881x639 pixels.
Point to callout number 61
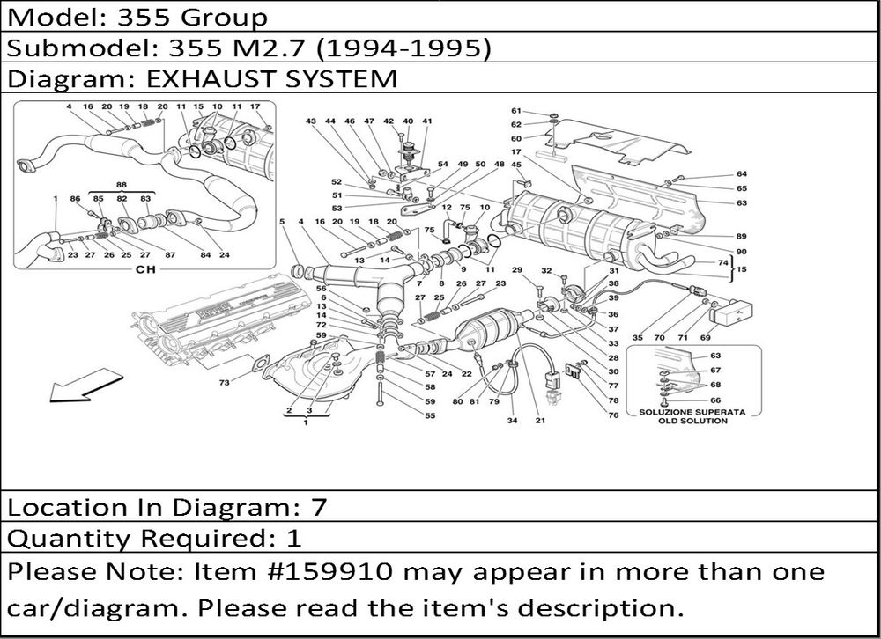[516, 111]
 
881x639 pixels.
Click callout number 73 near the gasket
[225, 383]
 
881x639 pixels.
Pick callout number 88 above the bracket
[121, 184]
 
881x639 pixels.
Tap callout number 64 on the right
[742, 173]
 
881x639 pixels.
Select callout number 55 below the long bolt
[430, 415]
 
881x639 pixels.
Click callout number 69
[705, 338]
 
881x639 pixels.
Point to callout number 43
[311, 121]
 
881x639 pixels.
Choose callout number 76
[613, 415]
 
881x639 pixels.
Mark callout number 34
[511, 421]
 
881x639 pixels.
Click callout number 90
[742, 251]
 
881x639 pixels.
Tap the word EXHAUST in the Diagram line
[197, 78]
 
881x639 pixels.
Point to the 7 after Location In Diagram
[318, 507]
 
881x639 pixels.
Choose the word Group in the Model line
[225, 17]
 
